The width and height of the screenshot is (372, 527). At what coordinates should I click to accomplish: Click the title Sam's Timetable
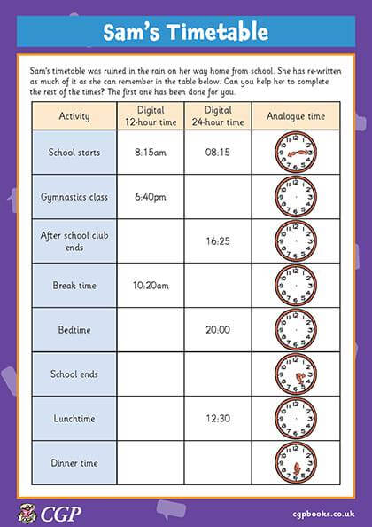pyautogui.click(x=185, y=33)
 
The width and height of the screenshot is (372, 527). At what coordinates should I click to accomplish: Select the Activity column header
pyautogui.click(x=74, y=116)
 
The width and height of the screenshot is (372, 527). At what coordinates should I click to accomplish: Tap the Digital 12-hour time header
pyautogui.click(x=150, y=116)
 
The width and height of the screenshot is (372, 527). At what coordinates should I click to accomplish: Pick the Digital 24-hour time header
pyautogui.click(x=218, y=116)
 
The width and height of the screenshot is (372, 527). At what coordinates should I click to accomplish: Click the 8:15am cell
pyautogui.click(x=150, y=153)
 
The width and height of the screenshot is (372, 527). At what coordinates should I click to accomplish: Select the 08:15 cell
pyautogui.click(x=218, y=153)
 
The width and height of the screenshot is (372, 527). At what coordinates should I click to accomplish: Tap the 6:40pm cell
pyautogui.click(x=150, y=196)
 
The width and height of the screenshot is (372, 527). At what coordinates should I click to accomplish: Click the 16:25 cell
pyautogui.click(x=218, y=240)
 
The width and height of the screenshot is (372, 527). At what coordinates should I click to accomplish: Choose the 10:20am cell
pyautogui.click(x=150, y=285)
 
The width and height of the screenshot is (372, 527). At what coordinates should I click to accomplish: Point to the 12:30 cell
pyautogui.click(x=218, y=417)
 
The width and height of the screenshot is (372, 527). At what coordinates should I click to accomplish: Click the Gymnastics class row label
pyautogui.click(x=74, y=196)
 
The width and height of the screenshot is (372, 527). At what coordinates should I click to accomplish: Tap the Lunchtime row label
pyautogui.click(x=74, y=417)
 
